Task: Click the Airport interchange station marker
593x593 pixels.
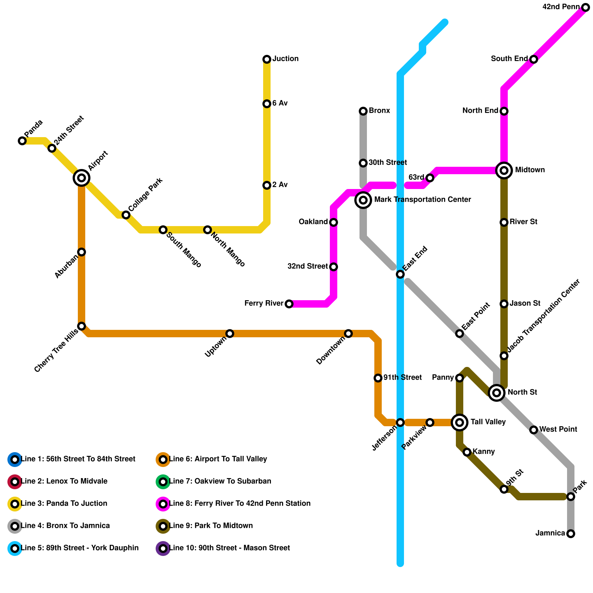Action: pos(82,178)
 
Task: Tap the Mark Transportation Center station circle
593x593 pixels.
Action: pos(363,200)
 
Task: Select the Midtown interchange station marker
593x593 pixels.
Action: pos(504,170)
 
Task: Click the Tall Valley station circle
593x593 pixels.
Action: pos(460,422)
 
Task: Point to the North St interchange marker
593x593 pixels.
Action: pos(497,392)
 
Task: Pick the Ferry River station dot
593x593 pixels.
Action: pos(289,304)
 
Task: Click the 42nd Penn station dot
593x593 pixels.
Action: pos(586,7)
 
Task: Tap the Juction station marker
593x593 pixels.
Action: pos(267,59)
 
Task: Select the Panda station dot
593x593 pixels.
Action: pos(22,141)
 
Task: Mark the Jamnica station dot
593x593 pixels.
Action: pos(571,534)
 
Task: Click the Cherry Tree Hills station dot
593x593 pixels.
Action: pos(82,326)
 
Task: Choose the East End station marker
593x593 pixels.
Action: pos(400,274)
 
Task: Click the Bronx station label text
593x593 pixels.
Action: pos(379,111)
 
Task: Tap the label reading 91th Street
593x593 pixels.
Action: pos(402,378)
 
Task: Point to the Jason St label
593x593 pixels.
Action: pos(525,304)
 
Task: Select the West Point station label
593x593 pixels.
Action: pos(558,430)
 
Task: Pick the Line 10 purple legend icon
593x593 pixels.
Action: pos(163,549)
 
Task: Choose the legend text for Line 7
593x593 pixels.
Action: pos(220,481)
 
